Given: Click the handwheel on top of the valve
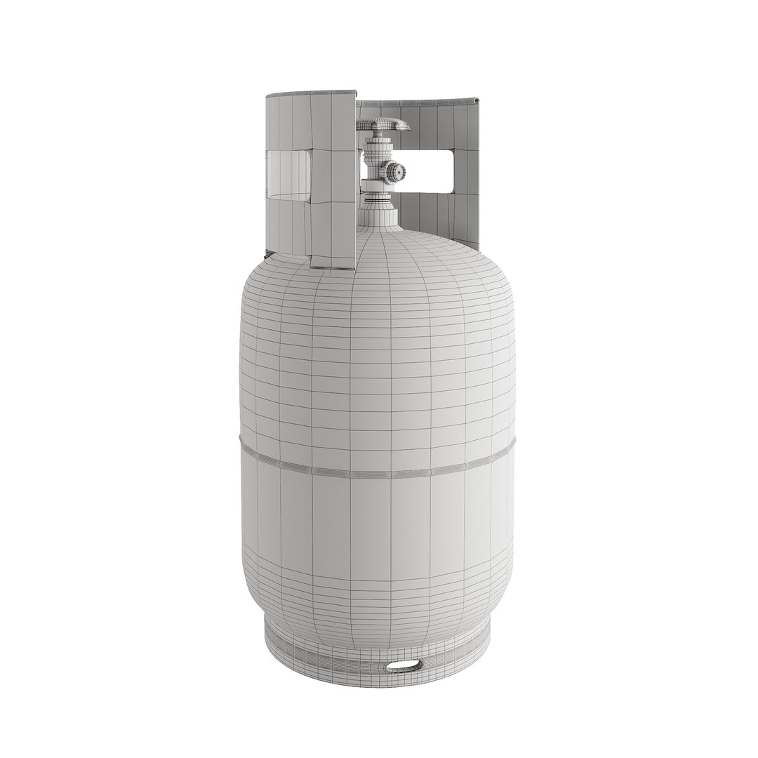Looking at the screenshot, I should pyautogui.click(x=383, y=125).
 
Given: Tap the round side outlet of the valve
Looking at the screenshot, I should pyautogui.click(x=394, y=170).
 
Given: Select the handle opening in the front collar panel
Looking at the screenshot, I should pyautogui.click(x=289, y=175).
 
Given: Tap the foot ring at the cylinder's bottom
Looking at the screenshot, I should pyautogui.click(x=379, y=653).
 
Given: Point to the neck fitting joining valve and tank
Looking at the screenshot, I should pyautogui.click(x=378, y=214).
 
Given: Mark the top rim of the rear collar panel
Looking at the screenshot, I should pyautogui.click(x=421, y=102).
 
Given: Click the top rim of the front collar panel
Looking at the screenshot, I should pyautogui.click(x=309, y=93).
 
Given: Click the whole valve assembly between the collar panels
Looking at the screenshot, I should pyautogui.click(x=379, y=165).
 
